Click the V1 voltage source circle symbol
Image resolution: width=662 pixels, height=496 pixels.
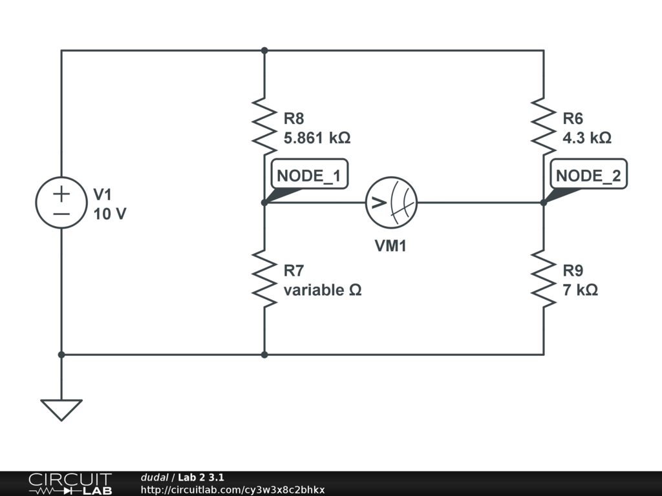(61, 202)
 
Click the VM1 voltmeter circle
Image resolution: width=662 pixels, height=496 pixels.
(392, 202)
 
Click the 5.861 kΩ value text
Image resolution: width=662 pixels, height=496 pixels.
(317, 138)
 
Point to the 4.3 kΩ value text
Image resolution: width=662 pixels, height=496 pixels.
(587, 138)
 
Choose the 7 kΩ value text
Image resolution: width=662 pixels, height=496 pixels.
(580, 290)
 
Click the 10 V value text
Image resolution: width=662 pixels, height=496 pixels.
(110, 214)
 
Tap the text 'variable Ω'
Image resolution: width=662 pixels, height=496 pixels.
(323, 290)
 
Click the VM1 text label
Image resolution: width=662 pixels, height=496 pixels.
(391, 246)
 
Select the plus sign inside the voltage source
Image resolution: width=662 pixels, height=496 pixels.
(61, 192)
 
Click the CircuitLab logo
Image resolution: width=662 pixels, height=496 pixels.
(70, 483)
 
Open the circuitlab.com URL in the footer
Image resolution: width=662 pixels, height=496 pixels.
(233, 490)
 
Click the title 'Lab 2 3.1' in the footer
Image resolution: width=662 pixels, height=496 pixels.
(201, 477)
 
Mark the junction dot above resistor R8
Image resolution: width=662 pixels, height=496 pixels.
(264, 50)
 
